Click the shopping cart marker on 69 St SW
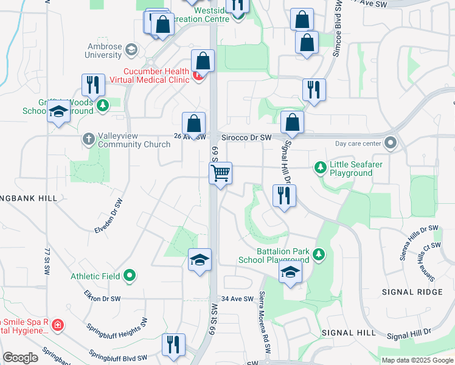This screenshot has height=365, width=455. pyautogui.click(x=221, y=173)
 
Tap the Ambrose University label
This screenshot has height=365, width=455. pyautogui.click(x=96, y=50)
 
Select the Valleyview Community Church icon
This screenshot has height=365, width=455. pyautogui.click(x=88, y=139)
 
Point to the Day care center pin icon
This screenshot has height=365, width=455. pyautogui.click(x=391, y=144)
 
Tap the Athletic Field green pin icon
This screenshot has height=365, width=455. pyautogui.click(x=129, y=276)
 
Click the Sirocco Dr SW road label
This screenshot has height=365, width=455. pyautogui.click(x=246, y=138)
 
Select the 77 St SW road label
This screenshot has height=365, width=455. pyautogui.click(x=46, y=262)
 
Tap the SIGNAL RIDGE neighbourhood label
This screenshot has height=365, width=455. pyautogui.click(x=412, y=292)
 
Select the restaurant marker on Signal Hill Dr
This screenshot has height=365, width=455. pyautogui.click(x=284, y=196)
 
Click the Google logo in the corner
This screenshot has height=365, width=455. pyautogui.click(x=21, y=358)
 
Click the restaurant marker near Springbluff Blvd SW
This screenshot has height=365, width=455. pyautogui.click(x=174, y=344)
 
